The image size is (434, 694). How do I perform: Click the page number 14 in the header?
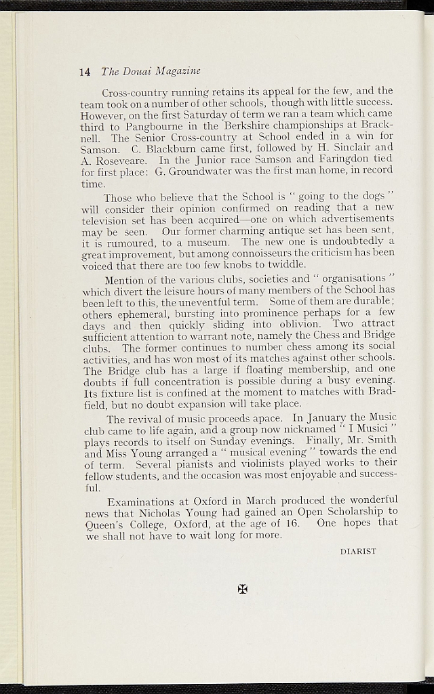85,71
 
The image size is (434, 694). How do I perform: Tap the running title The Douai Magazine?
151,71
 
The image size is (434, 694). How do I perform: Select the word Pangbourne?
155,125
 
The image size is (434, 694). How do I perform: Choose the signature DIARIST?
357,552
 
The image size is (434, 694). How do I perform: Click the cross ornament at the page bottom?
242,589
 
